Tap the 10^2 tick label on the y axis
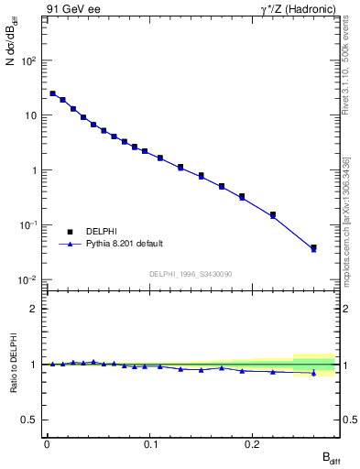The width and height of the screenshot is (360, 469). pos(30,61)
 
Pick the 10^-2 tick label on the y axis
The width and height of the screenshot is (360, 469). pos(30,279)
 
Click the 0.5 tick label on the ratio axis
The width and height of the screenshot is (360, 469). pos(32,420)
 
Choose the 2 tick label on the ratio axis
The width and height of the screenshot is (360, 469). pos(36,309)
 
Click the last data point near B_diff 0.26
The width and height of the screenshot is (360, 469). pos(313,247)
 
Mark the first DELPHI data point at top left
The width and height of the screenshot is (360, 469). pos(53,93)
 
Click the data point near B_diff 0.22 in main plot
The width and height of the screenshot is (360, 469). pos(273,214)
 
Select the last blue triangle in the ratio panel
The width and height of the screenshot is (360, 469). pos(313,373)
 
